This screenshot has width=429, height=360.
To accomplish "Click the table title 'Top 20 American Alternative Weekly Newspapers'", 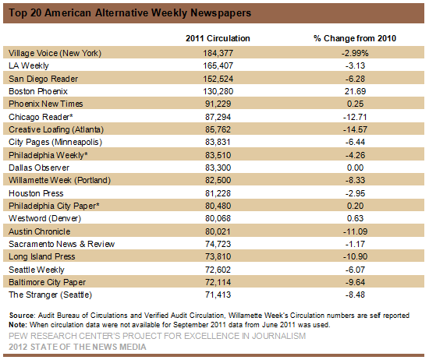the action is (129, 12).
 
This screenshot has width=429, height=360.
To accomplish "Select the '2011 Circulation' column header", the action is (218, 38).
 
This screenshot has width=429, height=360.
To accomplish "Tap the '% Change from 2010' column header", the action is (355, 38).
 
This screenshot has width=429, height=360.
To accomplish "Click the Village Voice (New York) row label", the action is (55, 53).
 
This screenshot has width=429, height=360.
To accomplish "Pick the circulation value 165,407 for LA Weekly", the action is (218, 65).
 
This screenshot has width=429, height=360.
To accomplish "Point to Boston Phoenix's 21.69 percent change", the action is (355, 91).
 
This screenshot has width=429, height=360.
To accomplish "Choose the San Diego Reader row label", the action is (43, 79).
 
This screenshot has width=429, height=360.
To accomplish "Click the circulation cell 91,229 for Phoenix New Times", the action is (218, 104).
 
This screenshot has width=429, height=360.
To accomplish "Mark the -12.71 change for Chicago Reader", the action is (355, 117).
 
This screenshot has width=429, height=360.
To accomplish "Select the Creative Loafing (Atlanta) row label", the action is (56, 129).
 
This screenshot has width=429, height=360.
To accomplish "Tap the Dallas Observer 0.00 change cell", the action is (355, 168).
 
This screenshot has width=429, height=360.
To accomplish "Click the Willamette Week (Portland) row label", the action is (59, 181).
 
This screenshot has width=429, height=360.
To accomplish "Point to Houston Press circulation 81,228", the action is (218, 193).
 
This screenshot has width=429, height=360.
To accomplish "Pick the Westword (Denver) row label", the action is (45, 218).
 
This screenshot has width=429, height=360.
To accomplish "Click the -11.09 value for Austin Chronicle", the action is (355, 231).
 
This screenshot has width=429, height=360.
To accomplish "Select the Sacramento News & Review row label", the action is (62, 244).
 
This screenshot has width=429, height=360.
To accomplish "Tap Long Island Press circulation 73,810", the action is (218, 256).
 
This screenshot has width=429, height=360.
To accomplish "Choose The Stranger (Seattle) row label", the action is (51, 295).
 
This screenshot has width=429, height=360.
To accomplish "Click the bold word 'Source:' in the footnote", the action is (22, 316).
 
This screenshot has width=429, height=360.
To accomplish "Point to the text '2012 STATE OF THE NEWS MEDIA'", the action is (77, 347).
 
